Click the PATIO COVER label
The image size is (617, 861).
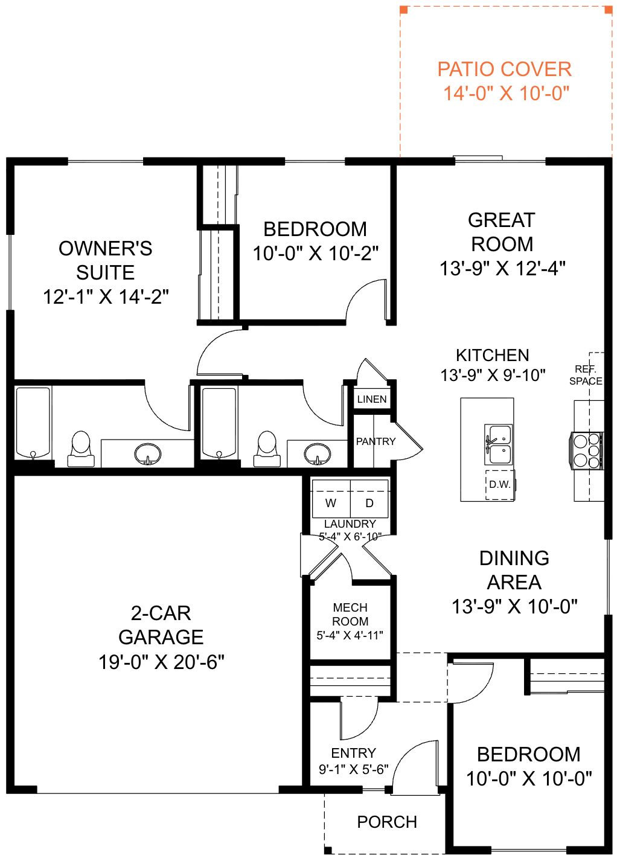tap(504, 69)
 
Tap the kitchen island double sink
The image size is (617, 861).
tap(499, 444)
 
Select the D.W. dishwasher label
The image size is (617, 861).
tap(500, 484)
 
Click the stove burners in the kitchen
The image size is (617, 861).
tap(587, 450)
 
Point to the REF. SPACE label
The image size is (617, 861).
tap(586, 375)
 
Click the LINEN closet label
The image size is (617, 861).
tap(372, 399)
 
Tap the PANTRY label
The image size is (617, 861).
tap(376, 441)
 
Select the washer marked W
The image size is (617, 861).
tap(331, 499)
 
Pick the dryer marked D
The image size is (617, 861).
tap(369, 499)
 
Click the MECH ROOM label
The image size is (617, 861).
tap(350, 614)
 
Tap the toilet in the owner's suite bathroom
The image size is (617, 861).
tap(81, 449)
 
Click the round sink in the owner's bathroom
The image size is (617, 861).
tap(148, 453)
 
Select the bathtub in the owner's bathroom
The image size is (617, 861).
tap(33, 423)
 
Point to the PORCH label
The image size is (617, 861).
tap(387, 822)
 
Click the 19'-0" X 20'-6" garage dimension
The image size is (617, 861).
tap(161, 662)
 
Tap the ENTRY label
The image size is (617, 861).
tap(353, 753)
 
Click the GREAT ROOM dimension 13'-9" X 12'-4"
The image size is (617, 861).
tap(502, 268)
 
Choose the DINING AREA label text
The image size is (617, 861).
tap(514, 570)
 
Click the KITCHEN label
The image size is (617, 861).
tap(493, 355)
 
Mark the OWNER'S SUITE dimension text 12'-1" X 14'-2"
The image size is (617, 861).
tap(106, 296)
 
